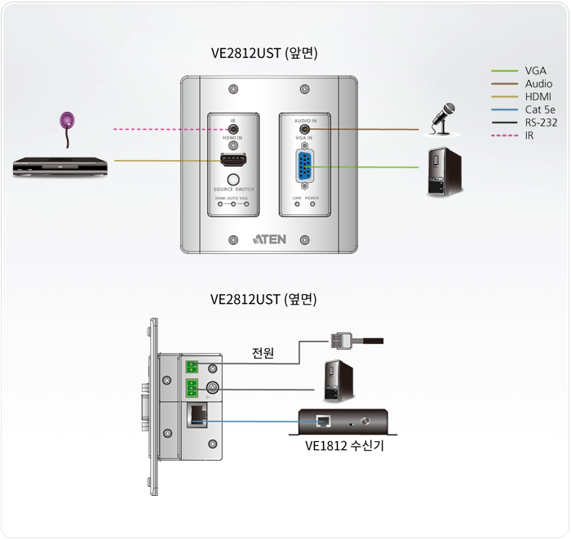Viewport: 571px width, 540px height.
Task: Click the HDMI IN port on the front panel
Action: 233,160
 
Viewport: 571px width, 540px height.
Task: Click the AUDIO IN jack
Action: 305,128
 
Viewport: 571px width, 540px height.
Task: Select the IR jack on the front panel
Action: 233,128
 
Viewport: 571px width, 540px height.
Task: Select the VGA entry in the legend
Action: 536,71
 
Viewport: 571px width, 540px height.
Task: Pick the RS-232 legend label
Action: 542,123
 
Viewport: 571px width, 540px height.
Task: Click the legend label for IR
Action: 530,136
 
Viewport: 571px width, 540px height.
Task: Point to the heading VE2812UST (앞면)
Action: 263,55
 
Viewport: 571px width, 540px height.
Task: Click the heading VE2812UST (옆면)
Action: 263,300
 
